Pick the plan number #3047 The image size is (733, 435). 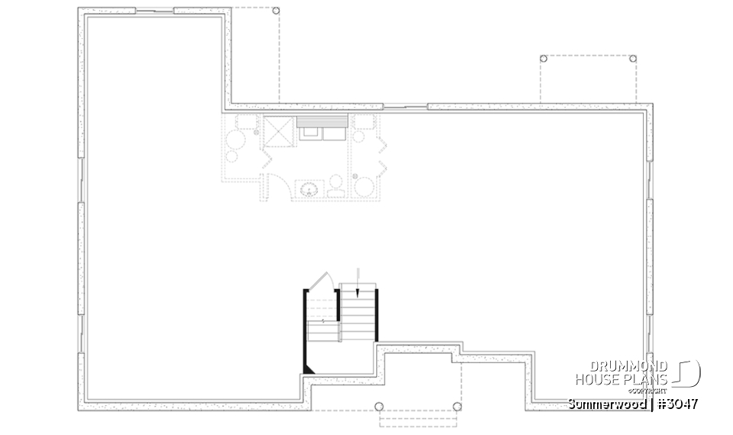pos(675,403)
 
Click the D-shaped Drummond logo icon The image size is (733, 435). pos(689,374)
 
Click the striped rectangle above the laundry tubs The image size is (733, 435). pos(322,122)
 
